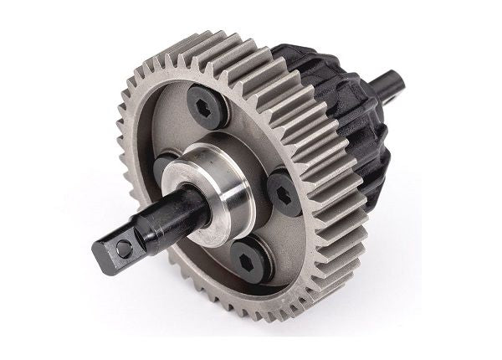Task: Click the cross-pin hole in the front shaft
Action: (x=123, y=249)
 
